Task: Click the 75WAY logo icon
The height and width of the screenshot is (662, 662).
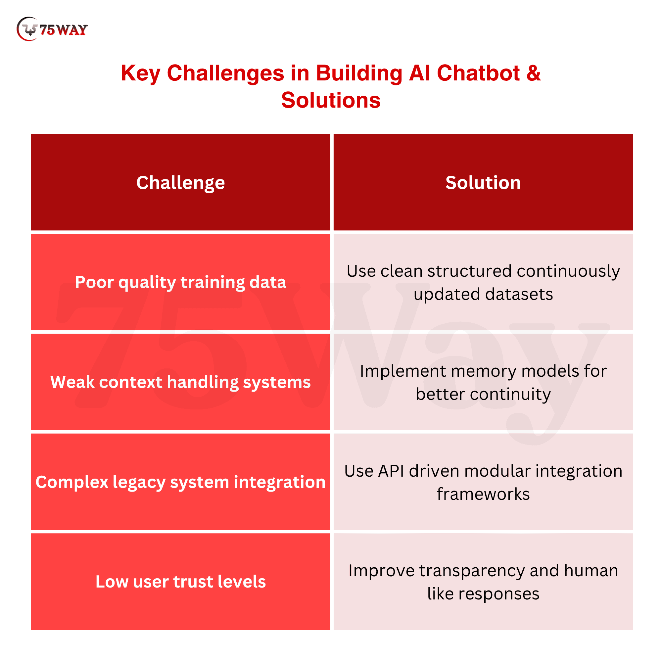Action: click(27, 29)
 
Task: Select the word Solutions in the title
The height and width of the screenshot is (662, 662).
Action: click(331, 100)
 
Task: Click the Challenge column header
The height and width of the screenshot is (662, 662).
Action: click(181, 182)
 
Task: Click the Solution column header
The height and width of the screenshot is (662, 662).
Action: click(483, 182)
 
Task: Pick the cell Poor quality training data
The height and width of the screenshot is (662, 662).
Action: click(181, 282)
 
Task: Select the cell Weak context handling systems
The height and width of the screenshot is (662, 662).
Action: click(181, 382)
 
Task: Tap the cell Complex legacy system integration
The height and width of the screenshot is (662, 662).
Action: click(181, 482)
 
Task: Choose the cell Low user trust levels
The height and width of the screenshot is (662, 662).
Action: click(181, 582)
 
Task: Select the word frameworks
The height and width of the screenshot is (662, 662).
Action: click(483, 494)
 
